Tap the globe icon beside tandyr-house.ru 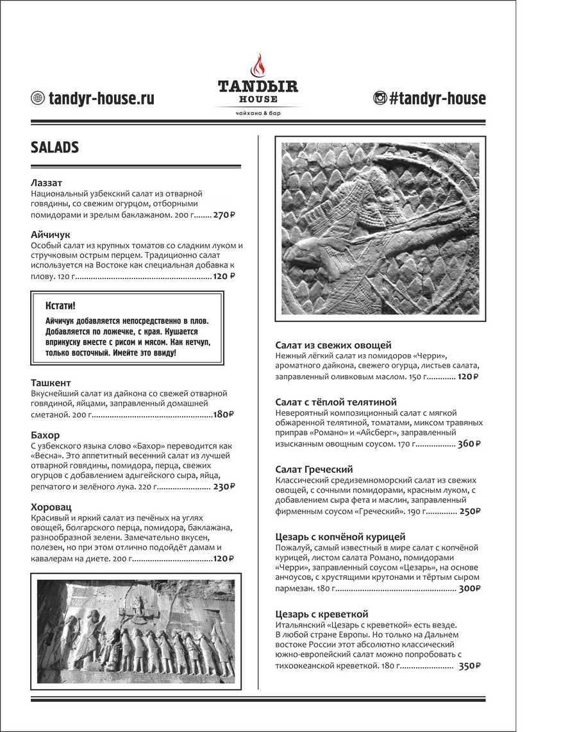(38, 98)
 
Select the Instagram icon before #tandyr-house (380, 98)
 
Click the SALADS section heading (54, 148)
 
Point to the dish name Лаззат (46, 183)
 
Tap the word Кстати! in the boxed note (65, 305)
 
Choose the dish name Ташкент (51, 382)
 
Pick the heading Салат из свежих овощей (333, 345)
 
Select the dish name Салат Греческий (314, 470)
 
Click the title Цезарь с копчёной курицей (340, 537)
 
